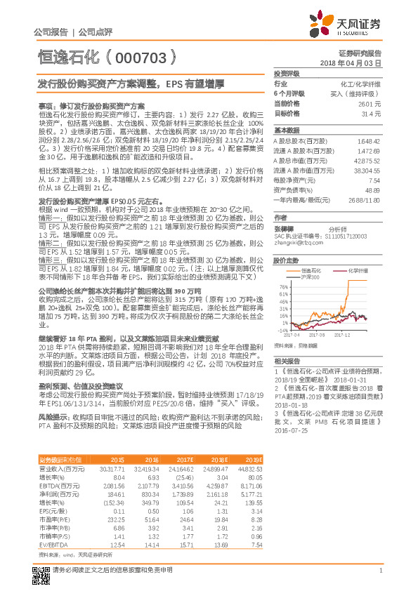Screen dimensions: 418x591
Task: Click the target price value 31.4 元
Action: [x=372, y=113]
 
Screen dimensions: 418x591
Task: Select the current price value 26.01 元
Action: [x=370, y=103]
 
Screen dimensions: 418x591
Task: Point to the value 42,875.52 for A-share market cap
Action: [x=368, y=161]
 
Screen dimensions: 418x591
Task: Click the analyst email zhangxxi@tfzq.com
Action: [x=294, y=242]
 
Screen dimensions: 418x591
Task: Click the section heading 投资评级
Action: [x=287, y=73]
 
